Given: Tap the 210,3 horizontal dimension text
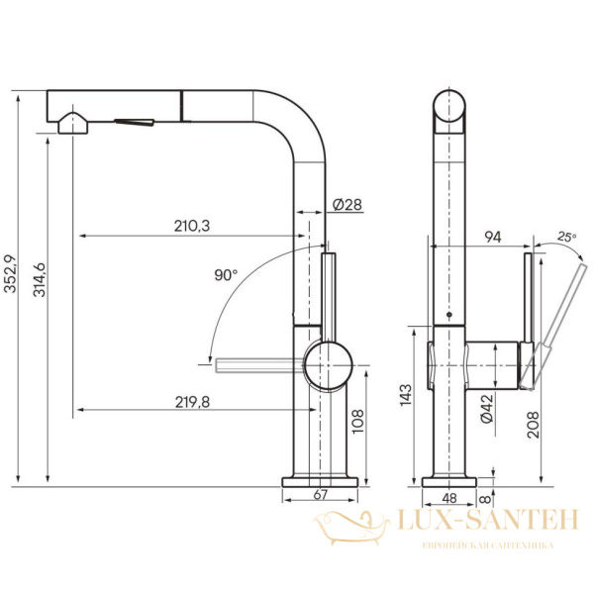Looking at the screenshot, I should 190,226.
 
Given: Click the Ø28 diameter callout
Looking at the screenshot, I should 346,205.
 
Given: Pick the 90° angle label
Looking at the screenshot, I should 226,274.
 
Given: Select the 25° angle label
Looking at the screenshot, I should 565,237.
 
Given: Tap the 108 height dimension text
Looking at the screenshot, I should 357,424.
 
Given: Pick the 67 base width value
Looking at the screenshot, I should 321,494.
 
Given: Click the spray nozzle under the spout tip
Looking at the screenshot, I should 74,124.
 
